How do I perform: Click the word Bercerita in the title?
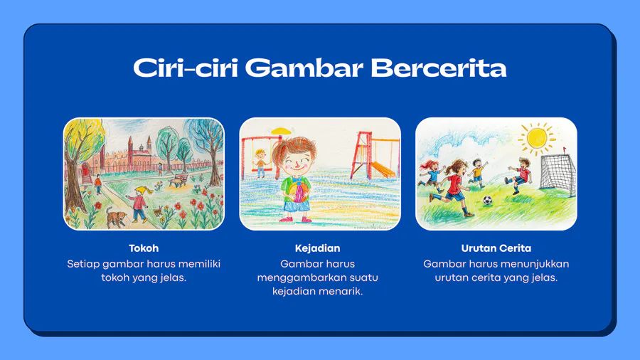439,68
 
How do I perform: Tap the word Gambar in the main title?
304,68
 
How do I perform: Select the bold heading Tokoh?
144,248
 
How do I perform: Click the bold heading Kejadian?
318,248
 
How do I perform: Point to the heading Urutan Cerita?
496,248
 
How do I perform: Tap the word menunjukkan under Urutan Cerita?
536,264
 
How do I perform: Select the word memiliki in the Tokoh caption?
199,264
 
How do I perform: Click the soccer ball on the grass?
487,200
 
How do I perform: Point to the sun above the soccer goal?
537,138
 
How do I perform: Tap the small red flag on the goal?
565,149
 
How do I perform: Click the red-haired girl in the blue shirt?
430,176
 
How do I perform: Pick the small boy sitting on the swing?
260,163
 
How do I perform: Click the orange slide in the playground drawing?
383,169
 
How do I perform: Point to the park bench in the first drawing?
178,179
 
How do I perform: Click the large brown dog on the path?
115,217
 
